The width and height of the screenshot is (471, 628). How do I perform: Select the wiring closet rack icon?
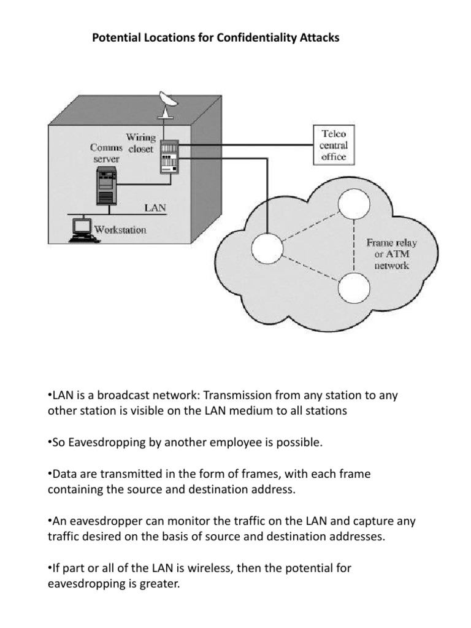(x=168, y=156)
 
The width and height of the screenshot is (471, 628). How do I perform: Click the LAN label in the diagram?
(x=155, y=208)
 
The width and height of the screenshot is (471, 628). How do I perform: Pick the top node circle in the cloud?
(x=355, y=205)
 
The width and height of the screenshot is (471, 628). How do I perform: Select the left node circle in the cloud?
(x=267, y=248)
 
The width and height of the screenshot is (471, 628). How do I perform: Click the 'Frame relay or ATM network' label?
(x=391, y=254)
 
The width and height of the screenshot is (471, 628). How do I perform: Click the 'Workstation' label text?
(x=120, y=230)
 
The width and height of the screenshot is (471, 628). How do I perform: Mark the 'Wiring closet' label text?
(x=140, y=142)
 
